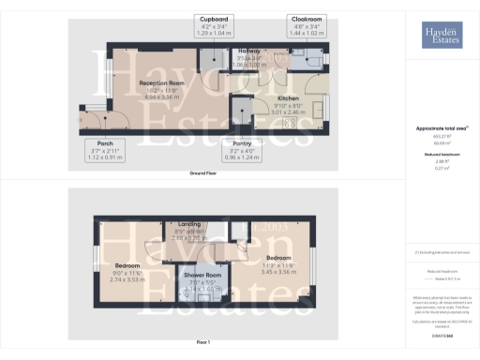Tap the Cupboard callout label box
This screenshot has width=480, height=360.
pos(214,24)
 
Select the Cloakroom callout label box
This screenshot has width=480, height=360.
pos(306,24)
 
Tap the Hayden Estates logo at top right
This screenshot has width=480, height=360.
pos(442,35)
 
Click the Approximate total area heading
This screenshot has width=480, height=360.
pos(441,127)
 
